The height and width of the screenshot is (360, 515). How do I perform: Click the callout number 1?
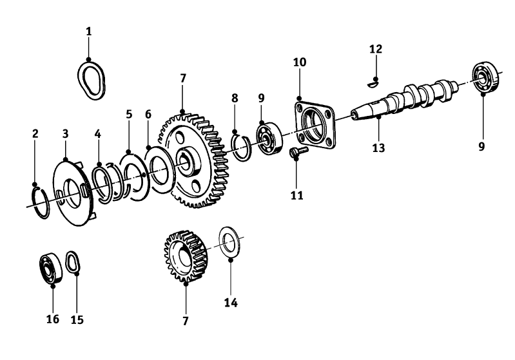89,32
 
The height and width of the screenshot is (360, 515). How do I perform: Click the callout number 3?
65,134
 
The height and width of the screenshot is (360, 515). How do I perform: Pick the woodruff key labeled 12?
373,84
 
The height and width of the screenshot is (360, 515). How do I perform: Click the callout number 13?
378,147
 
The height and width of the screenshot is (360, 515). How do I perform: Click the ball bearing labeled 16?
50,268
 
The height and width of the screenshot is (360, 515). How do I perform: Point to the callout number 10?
300,62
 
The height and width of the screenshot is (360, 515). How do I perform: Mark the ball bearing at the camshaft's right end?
487,79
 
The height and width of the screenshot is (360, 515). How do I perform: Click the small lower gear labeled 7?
186,256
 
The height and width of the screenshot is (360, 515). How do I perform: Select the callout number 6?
148,115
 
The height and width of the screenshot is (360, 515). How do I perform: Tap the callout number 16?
53,319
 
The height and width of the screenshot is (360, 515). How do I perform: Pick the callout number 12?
376,49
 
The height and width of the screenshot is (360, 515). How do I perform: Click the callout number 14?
231,303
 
